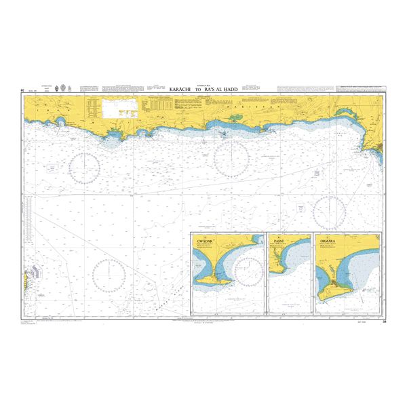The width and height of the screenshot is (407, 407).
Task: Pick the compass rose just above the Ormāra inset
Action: click(330, 212)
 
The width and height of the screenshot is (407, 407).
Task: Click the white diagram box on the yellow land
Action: click(119, 106)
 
